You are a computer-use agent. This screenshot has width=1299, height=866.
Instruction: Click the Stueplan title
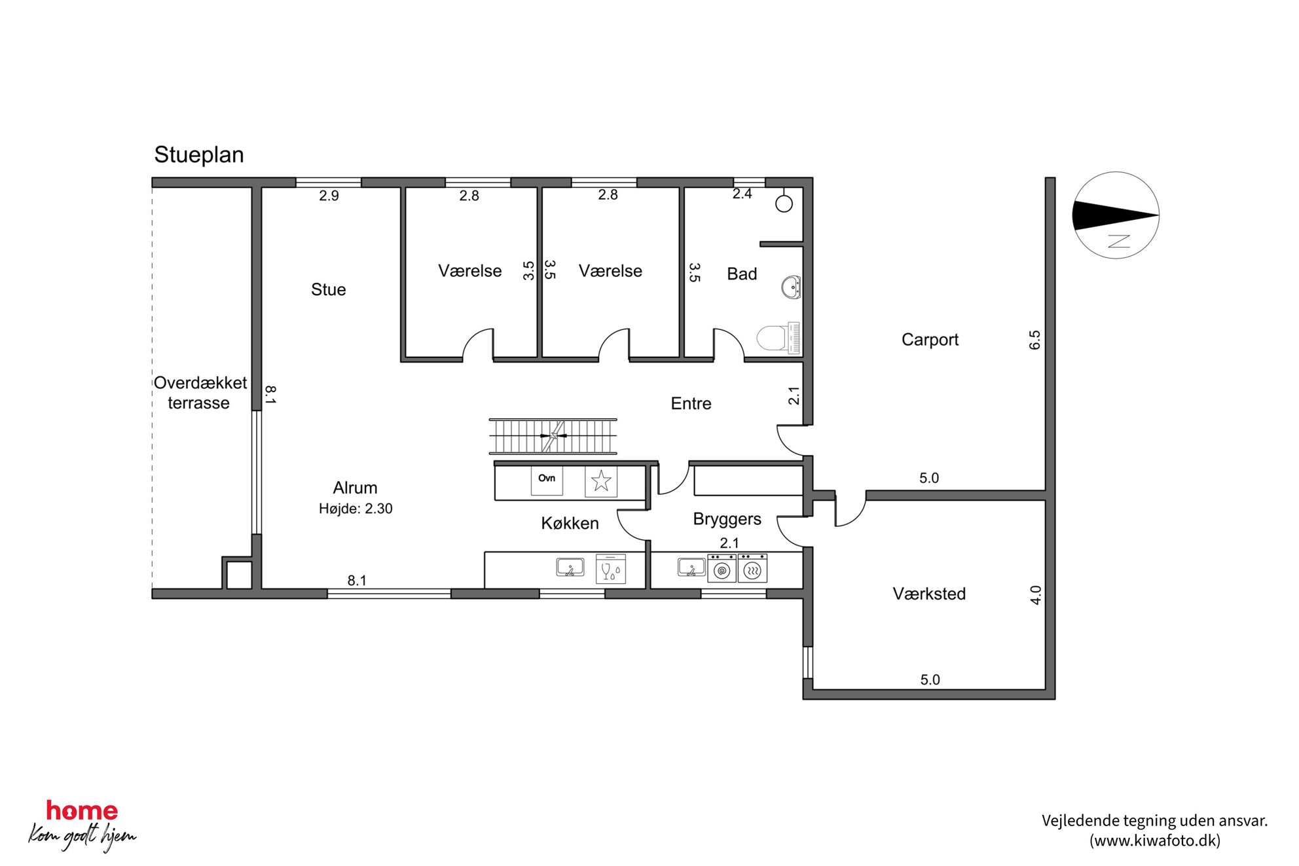[x=199, y=155]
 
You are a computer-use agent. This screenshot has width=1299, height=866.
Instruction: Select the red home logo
[x=82, y=810]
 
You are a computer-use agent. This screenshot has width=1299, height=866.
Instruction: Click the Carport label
[x=930, y=340]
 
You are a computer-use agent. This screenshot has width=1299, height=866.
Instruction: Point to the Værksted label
[x=929, y=594]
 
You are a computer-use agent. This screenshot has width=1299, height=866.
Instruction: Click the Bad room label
[x=742, y=274]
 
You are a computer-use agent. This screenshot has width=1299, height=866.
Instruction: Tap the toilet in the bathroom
[x=778, y=338]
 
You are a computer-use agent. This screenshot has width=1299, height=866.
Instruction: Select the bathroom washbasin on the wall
[x=791, y=287]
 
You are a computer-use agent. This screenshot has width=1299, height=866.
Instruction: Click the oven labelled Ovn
[x=547, y=480]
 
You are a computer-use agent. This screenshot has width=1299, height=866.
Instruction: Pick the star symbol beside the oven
[x=601, y=481]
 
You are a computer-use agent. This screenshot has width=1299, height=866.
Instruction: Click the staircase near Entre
[x=553, y=436]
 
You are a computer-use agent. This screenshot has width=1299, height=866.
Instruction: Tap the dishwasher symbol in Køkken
[x=611, y=569]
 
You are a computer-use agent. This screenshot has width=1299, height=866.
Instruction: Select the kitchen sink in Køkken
[x=570, y=567]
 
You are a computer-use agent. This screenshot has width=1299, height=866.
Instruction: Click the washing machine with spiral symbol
[x=722, y=568]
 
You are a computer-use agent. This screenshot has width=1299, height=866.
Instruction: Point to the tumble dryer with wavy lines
[x=753, y=568]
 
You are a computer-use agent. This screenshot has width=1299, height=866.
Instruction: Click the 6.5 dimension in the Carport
[x=1034, y=340]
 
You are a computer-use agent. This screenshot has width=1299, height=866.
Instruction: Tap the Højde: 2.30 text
[x=356, y=509]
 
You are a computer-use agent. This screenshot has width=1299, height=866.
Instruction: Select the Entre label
[x=691, y=403]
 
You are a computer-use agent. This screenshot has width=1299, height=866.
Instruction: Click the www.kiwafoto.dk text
[x=1155, y=840]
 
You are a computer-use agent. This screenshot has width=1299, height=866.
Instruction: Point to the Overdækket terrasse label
[x=200, y=393]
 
